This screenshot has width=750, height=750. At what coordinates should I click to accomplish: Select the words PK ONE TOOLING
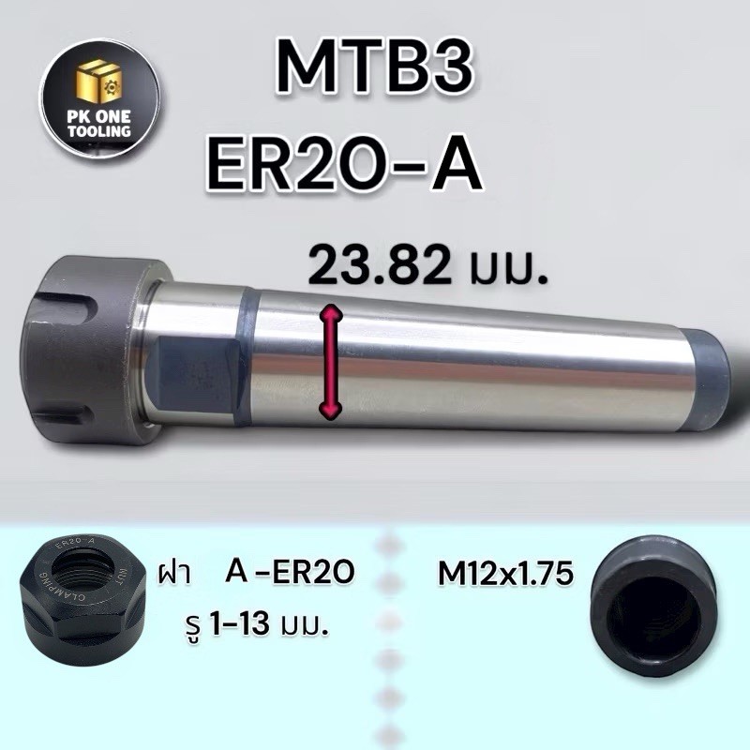click(x=99, y=125)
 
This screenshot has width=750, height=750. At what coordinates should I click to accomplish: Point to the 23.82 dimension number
click(x=381, y=264)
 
